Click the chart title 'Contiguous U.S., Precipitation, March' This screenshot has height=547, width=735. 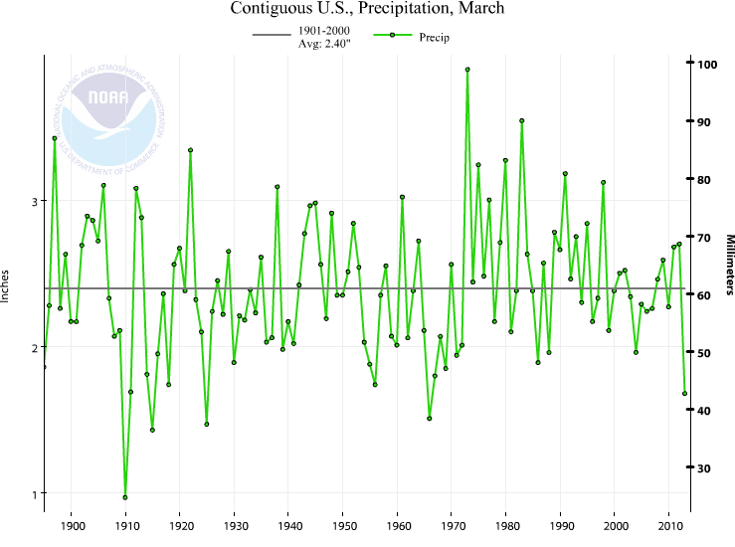coord(367,9)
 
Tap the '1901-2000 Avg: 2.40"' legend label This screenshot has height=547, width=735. coord(323,38)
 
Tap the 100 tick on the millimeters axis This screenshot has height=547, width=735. coord(706,64)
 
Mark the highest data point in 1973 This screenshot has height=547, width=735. coord(467,70)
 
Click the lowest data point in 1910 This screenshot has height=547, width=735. coord(125,497)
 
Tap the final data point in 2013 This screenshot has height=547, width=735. coord(685,393)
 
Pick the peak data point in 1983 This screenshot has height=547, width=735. coord(521,120)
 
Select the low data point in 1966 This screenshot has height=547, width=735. coord(430,418)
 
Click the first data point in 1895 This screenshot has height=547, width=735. coord(44,367)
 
